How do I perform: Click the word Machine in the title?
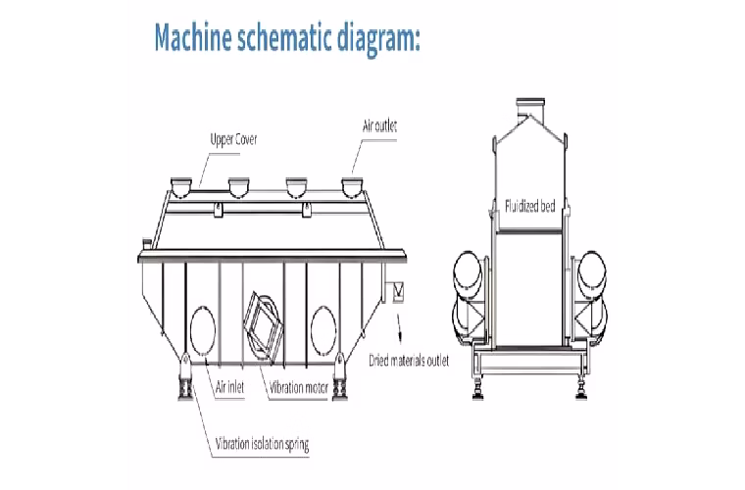pyautogui.click(x=193, y=37)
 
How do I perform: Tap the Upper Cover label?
pyautogui.click(x=233, y=139)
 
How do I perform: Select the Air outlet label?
pyautogui.click(x=379, y=126)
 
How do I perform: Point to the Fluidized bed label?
pyautogui.click(x=529, y=206)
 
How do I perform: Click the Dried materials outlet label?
pyautogui.click(x=409, y=361)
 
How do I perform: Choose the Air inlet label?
pyautogui.click(x=230, y=387)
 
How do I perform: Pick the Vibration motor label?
pyautogui.click(x=299, y=388)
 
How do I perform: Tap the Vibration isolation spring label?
pyautogui.click(x=263, y=444)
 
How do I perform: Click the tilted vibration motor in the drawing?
pyautogui.click(x=263, y=325)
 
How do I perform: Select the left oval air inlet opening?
pyautogui.click(x=202, y=330)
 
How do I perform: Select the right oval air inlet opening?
pyautogui.click(x=323, y=330)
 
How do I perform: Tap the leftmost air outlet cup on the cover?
pyautogui.click(x=181, y=187)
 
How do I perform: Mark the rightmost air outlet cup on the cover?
pyautogui.click(x=352, y=187)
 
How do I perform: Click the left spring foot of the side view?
pyautogui.click(x=185, y=377)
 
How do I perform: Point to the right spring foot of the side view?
pyautogui.click(x=339, y=377)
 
